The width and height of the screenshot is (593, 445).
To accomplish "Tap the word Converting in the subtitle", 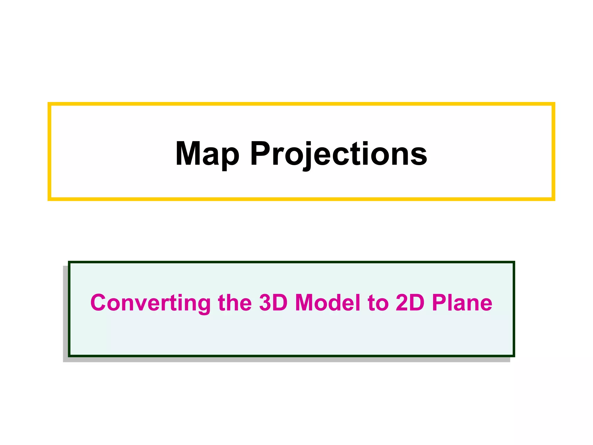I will coord(150,303).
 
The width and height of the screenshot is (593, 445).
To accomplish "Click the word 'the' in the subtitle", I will coord(235,303).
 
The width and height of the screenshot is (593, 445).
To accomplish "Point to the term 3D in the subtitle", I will coord(273,303).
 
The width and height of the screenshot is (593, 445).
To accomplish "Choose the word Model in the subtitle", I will coord(327,303).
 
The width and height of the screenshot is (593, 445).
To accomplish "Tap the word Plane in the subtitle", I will coord(462,303).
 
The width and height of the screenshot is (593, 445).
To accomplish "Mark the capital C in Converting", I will coord(100,303).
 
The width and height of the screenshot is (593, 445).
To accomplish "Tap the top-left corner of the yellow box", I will coord(50,104).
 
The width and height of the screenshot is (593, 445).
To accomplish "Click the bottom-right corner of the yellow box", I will coord(553,199).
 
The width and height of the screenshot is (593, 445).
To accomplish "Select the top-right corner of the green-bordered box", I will coord(513,262).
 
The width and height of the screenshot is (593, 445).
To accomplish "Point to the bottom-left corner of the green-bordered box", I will coord(69,355).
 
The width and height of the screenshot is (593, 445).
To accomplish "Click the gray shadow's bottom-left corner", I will coord(64,362).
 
